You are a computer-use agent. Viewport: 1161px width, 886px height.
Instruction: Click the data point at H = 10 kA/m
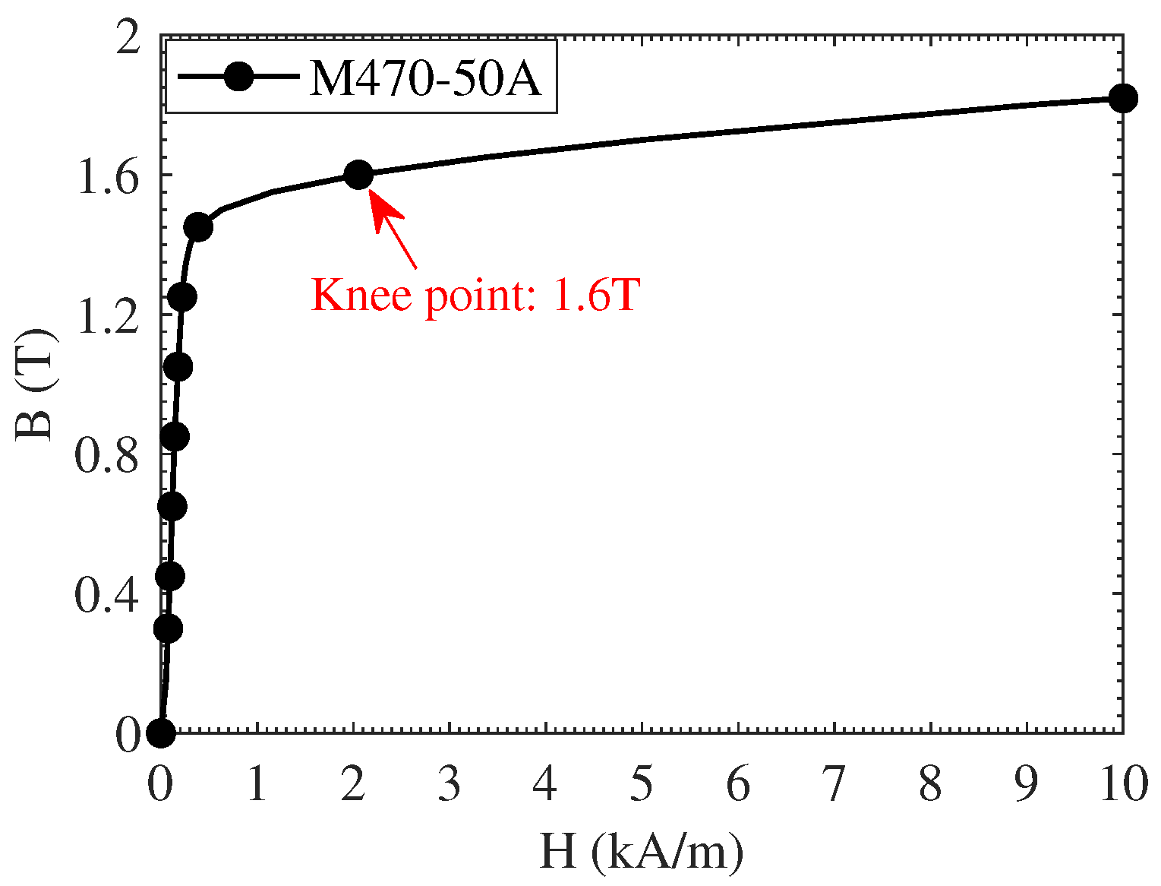pos(1122,98)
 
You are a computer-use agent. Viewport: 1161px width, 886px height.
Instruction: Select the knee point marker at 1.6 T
pos(358,175)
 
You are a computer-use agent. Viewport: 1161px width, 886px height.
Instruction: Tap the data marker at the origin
pos(160,733)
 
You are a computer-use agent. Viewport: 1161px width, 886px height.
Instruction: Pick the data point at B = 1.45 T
pos(198,226)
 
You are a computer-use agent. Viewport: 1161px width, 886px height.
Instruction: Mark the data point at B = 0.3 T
pos(167,628)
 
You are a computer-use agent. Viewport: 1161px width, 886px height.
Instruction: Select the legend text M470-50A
pos(425,78)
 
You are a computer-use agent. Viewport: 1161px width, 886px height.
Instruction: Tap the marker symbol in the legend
pos(239,78)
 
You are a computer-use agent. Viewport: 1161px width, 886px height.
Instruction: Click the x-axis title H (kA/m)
pos(641,853)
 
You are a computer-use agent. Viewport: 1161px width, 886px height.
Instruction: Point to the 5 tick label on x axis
pos(642,785)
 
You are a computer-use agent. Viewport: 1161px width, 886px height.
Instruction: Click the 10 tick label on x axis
pos(1122,785)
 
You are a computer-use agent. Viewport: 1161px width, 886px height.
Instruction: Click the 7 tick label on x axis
pos(834,785)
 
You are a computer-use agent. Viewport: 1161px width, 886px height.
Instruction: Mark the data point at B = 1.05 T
pos(178,367)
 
